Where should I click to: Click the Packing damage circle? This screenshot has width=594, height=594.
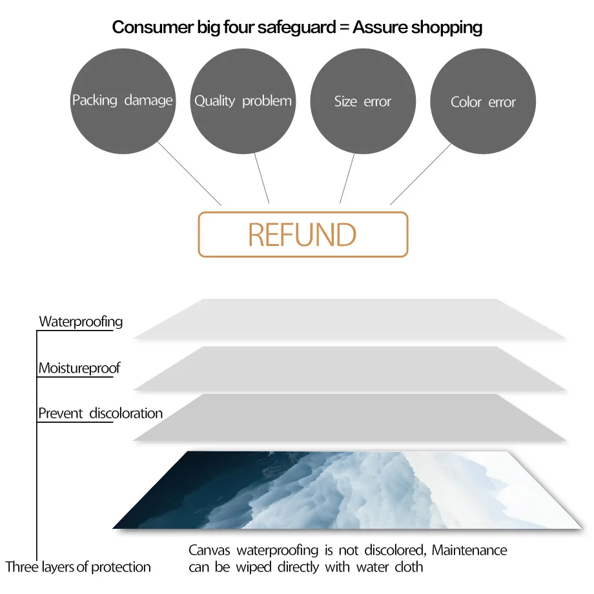coord(123,101)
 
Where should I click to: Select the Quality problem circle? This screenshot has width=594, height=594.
coord(243,101)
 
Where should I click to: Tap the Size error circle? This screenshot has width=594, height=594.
coord(363,101)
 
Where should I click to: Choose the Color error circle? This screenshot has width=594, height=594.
coord(483,101)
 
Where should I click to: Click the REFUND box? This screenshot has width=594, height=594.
coord(303,234)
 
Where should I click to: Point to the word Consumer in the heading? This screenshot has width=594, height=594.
coord(152,27)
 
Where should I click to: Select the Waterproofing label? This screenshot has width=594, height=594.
coord(81,322)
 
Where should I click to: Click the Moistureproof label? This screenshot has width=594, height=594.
coord(79,368)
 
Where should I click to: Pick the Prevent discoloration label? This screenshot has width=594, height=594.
coord(100,413)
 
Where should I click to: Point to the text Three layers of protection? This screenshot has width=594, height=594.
coord(78,567)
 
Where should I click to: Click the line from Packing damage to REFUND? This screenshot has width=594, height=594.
coord(189,174)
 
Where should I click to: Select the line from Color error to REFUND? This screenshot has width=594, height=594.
coord(421,174)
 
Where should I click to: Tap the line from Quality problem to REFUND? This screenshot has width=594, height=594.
coord(261,178)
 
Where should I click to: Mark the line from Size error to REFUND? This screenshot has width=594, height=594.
coord(347,178)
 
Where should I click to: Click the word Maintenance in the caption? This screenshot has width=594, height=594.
coord(469,550)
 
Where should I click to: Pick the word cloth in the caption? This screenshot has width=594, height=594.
coord(409,567)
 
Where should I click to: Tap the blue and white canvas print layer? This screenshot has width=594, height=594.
coord(347,490)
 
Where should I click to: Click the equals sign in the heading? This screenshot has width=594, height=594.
coord(344,27)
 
